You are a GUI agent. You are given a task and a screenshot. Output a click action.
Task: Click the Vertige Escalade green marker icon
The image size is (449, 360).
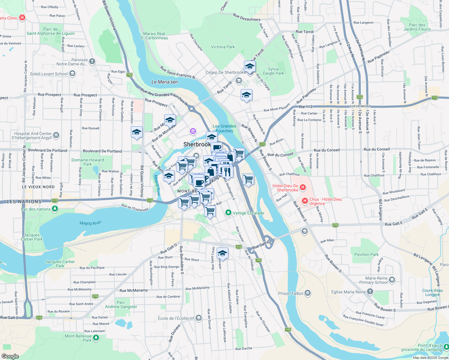(228, 213)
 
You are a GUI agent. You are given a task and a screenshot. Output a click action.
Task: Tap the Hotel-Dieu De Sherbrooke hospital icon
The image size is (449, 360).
(303, 187)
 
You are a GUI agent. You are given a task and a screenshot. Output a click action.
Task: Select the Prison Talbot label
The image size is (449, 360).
(291, 293)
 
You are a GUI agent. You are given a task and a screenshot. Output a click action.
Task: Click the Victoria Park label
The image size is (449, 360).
(223, 47)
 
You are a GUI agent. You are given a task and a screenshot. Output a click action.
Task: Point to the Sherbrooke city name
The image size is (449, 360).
(197, 144)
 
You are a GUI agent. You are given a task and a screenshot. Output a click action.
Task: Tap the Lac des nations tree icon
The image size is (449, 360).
(55, 208)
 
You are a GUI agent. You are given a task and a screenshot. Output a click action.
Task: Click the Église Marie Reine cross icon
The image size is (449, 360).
(370, 291)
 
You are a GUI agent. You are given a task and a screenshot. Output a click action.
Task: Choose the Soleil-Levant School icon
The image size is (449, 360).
(72, 73)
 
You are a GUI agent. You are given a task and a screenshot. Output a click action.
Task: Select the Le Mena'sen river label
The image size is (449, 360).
(164, 82)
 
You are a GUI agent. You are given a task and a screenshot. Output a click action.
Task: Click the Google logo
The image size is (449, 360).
(10, 356)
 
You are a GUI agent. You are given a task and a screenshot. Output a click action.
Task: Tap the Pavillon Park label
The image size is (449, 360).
(366, 254)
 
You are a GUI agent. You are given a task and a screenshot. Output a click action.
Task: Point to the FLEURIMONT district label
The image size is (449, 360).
(360, 106)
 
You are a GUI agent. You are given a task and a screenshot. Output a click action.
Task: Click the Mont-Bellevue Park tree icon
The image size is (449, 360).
(96, 338)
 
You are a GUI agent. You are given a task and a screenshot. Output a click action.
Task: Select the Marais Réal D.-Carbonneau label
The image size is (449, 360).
(154, 36)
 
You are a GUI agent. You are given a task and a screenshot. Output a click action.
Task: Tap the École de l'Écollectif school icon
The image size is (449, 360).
(198, 318)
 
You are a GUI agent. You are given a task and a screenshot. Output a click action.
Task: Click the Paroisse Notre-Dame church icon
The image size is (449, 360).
(92, 61)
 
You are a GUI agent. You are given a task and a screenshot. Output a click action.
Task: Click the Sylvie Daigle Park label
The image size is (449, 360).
(273, 71)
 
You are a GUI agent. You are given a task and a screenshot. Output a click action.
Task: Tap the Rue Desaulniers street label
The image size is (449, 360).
(247, 17)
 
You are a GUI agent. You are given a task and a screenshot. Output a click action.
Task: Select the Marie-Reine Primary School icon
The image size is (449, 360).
(392, 280)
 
